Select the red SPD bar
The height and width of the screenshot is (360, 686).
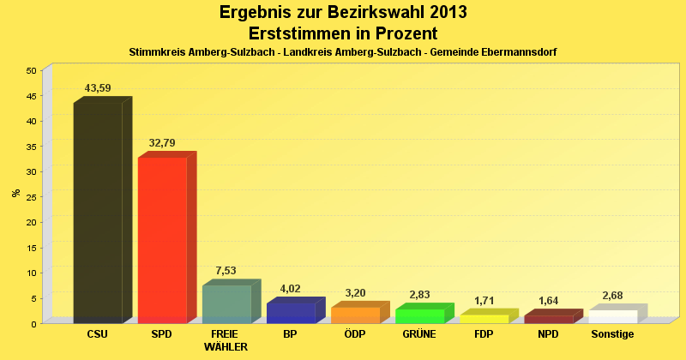coord(162,239)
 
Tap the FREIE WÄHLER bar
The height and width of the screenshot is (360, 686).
coord(226,303)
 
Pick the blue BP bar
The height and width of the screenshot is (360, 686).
coord(291,312)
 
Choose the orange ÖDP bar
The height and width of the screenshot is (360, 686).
coord(355,315)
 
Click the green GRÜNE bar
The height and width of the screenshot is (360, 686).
coord(419,315)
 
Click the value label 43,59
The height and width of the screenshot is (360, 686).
coord(98,87)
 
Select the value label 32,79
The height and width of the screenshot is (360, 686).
coord(162,142)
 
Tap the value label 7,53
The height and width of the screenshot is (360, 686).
coord(225,270)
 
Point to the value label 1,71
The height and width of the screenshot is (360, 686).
coord(484,300)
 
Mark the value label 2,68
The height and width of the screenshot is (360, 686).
coord(612,296)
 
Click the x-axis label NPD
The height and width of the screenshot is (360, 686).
coord(548,333)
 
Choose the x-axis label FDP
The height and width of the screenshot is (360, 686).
coord(484,333)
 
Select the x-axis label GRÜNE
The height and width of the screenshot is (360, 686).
coord(419,333)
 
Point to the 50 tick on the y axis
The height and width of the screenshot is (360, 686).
coord(31,70)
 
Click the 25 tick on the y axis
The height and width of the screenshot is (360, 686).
coord(31,197)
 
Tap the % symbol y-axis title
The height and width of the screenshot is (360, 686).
coord(15,193)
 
